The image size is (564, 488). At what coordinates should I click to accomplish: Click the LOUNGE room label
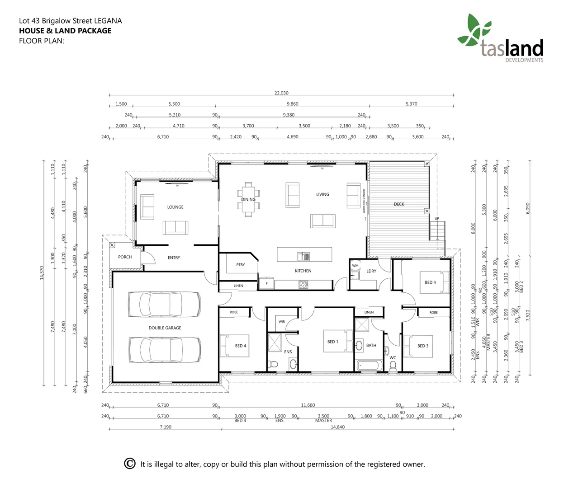click(175, 207)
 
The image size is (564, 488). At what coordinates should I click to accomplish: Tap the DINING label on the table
click(248, 199)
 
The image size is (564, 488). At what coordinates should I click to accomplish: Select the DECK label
click(399, 204)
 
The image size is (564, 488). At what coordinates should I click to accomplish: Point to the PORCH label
click(125, 257)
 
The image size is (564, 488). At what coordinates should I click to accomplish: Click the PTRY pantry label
click(241, 265)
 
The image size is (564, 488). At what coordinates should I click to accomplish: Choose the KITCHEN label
click(303, 271)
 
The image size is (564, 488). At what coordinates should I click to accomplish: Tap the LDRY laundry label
click(371, 271)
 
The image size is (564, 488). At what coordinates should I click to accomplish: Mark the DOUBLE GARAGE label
click(165, 328)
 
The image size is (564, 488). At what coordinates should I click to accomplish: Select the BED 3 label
click(423, 346)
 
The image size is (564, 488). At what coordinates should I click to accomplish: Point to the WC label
click(393, 358)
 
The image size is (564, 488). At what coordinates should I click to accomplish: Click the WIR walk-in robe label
click(282, 322)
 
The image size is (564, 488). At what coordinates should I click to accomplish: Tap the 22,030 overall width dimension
click(281, 93)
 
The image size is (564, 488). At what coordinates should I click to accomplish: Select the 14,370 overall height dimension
click(42, 273)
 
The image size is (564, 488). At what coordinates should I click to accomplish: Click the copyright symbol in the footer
click(130, 464)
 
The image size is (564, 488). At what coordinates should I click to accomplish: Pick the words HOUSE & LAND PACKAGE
click(65, 31)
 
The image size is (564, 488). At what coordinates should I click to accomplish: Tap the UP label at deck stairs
click(437, 219)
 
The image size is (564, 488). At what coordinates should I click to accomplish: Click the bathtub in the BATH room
click(369, 365)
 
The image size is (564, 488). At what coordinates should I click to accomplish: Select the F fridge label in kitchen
click(266, 284)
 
